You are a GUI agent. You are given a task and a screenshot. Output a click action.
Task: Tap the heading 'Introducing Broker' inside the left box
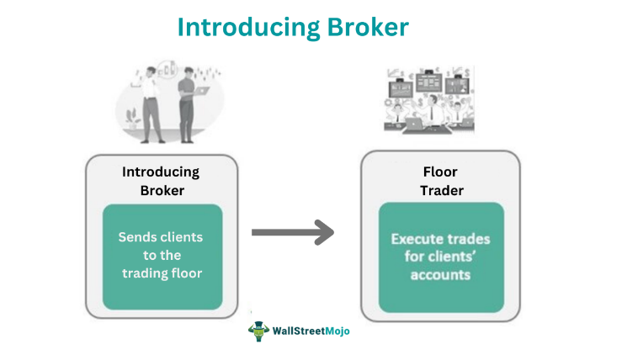161,181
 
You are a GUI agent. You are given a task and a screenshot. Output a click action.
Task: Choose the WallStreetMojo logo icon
257,330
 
